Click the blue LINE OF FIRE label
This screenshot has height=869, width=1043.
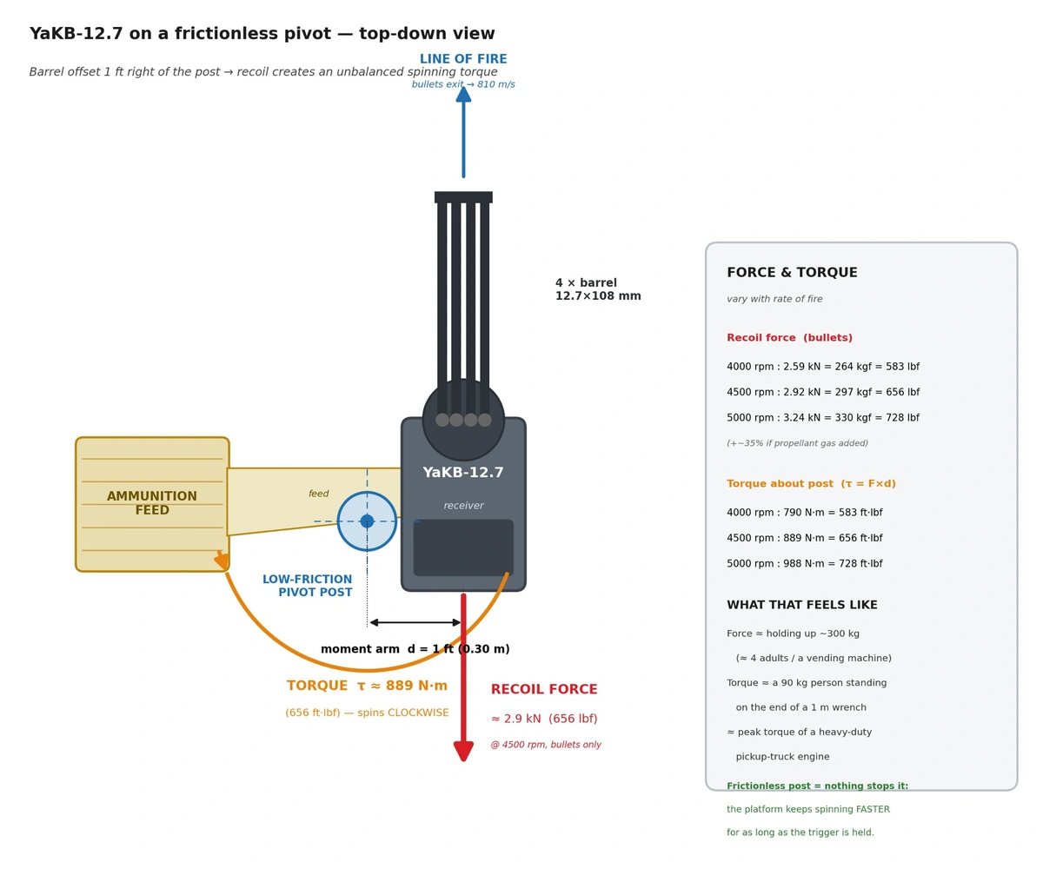(x=462, y=59)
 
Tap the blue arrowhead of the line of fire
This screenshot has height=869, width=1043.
(x=463, y=95)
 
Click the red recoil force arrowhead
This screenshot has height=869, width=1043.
(x=463, y=751)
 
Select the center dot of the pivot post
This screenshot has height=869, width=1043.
(x=367, y=521)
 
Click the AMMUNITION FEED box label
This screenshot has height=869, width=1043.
(x=152, y=502)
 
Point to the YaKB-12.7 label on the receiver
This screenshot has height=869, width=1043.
(x=462, y=472)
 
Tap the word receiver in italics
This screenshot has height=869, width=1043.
(x=463, y=506)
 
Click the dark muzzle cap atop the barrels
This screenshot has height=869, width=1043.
(x=463, y=196)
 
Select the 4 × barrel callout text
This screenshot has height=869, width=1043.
(x=597, y=289)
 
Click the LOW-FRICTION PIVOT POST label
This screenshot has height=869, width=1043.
(x=307, y=586)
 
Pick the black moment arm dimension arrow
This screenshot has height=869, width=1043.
(x=415, y=622)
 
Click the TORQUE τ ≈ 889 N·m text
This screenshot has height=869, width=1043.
(x=367, y=686)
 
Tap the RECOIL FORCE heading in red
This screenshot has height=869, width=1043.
(x=543, y=689)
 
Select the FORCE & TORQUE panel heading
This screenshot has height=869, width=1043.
(x=791, y=272)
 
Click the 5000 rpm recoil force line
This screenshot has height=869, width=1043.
(x=822, y=417)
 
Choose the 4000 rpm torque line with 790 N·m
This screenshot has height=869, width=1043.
(x=804, y=512)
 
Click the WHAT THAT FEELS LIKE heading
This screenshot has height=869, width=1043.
(x=801, y=604)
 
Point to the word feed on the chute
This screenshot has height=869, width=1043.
(x=318, y=494)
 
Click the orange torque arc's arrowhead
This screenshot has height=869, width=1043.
(x=222, y=560)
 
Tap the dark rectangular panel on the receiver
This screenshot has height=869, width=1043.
(x=463, y=547)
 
